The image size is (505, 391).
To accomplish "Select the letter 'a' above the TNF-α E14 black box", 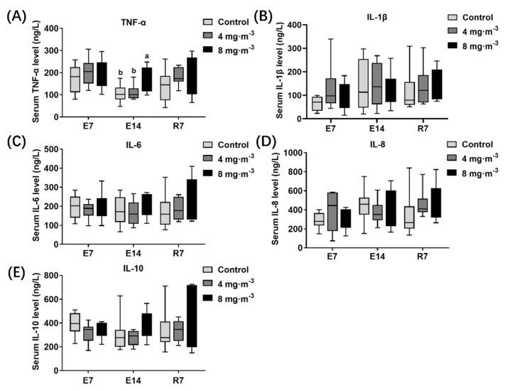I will click(x=146, y=56).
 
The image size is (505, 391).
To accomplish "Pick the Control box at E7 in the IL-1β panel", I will click(x=316, y=104).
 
